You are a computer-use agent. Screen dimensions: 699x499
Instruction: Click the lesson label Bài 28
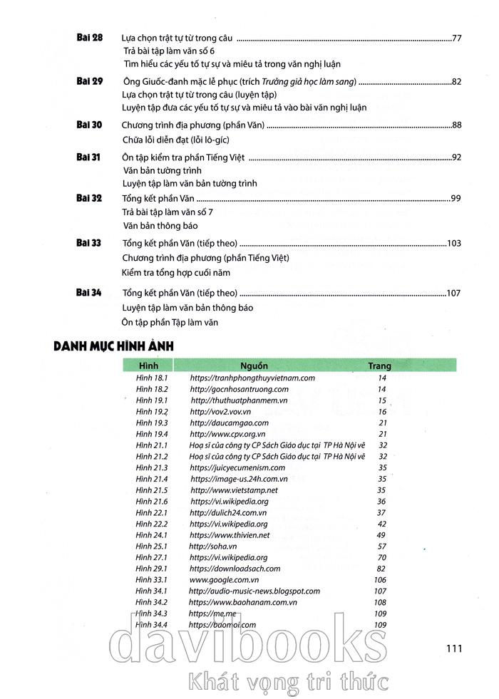89,37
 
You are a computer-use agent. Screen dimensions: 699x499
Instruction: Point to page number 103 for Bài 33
453,243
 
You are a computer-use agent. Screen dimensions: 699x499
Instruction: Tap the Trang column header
379,366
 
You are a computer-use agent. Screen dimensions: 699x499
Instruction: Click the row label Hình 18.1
151,378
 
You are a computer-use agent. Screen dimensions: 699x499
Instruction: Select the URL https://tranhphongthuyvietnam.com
252,378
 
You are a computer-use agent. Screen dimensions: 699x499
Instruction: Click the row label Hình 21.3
151,467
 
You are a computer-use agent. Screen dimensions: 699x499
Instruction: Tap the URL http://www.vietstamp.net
234,490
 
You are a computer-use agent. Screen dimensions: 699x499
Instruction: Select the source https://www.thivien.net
230,535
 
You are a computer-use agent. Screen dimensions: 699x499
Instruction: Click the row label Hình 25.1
151,547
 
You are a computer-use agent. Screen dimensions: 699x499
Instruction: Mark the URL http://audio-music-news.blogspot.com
254,591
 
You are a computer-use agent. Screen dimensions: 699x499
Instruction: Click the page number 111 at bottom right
454,648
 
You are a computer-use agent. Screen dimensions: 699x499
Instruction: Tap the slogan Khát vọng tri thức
285,681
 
